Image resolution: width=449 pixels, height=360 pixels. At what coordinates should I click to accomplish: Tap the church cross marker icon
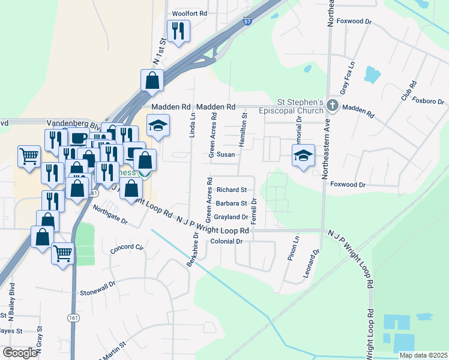pos(333,106)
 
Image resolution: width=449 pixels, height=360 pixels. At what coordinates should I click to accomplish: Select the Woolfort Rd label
pos(189,13)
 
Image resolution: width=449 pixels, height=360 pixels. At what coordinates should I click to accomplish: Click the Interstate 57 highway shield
pos(248,22)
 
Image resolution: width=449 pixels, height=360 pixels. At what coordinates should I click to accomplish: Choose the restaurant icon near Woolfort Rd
pos(178,31)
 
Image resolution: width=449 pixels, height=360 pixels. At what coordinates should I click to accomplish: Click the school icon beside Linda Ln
pos(158,126)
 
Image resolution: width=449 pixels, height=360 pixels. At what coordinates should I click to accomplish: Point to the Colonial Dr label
pos(226,241)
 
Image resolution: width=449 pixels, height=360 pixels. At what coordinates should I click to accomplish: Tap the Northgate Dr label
pos(110,214)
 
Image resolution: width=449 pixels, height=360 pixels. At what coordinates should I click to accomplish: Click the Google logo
pos(20,353)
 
